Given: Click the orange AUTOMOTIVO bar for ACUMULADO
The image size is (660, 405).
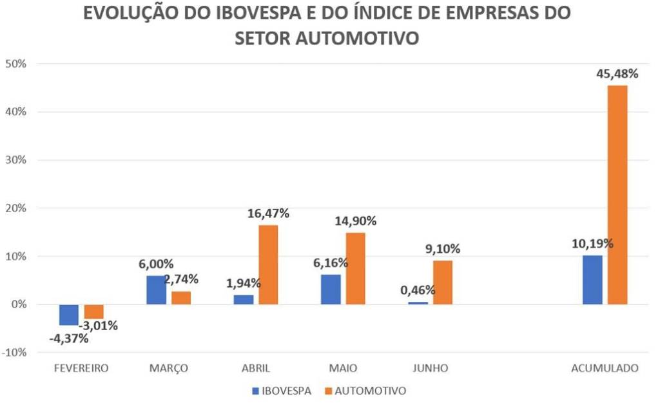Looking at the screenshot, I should click(617, 194).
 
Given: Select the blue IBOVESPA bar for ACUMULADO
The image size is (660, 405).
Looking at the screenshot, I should click(592, 280).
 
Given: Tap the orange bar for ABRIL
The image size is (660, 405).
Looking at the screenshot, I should click(268, 264).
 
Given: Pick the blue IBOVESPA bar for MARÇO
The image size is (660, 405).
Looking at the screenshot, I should click(156, 290).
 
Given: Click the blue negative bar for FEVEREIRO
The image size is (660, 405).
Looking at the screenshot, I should click(69, 315).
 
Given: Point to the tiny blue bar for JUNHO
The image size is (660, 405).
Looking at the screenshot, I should click(418, 302).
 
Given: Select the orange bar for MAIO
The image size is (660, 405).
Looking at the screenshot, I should click(355, 268).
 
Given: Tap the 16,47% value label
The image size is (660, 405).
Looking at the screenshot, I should click(268, 213).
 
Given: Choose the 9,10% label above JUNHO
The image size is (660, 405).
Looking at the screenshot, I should click(442, 249).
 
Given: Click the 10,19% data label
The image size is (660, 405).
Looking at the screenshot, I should click(592, 244).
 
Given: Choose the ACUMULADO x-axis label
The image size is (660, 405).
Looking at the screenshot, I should click(605, 368).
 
